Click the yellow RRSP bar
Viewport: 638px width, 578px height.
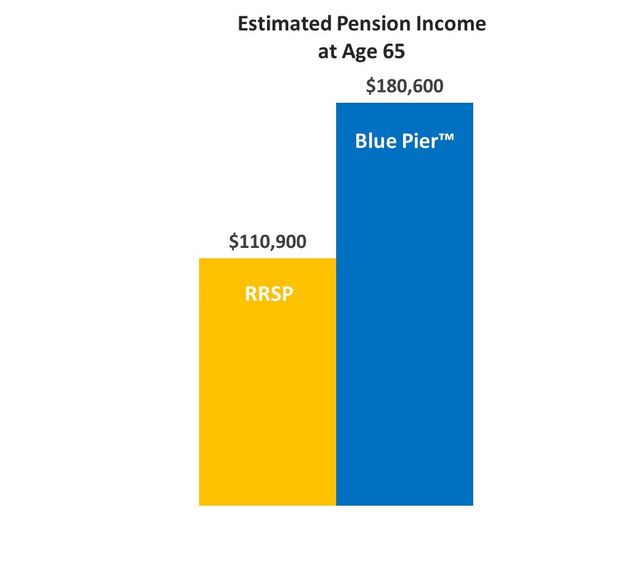[267, 382]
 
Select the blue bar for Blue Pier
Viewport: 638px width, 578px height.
[405, 304]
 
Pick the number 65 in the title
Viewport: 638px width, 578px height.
[394, 52]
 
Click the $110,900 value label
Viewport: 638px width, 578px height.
[267, 241]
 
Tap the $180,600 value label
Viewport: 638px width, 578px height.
[405, 86]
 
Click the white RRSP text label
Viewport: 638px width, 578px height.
[269, 294]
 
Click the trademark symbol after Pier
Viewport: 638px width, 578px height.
[447, 137]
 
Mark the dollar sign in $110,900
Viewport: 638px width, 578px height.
[233, 241]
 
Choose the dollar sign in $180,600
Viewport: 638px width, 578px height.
[370, 86]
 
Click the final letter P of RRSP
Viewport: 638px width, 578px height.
[287, 294]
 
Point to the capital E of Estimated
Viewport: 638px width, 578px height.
[243, 23]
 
